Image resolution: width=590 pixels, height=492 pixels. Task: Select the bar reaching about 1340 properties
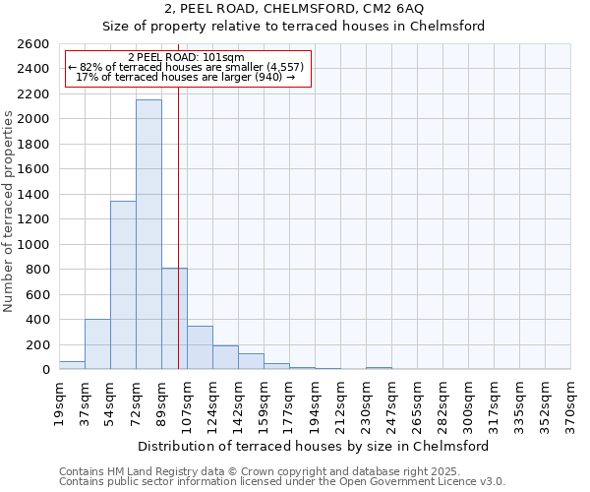pyautogui.click(x=123, y=285)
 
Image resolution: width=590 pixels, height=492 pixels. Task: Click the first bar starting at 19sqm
pyautogui.click(x=72, y=365)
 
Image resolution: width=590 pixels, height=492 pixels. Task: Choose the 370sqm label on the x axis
pyautogui.click(x=571, y=398)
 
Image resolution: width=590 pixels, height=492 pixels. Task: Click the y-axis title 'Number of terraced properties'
pyautogui.click(x=10, y=212)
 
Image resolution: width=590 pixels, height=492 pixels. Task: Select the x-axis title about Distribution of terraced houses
pyautogui.click(x=313, y=446)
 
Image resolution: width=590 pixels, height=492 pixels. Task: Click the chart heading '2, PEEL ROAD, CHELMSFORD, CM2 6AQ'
pyautogui.click(x=294, y=8)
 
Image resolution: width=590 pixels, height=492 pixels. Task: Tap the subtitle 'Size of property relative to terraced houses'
pyautogui.click(x=294, y=26)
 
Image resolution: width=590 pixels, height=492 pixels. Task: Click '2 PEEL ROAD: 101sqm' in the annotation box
pyautogui.click(x=187, y=57)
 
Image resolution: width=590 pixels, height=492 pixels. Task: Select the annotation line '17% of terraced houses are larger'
pyautogui.click(x=186, y=77)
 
